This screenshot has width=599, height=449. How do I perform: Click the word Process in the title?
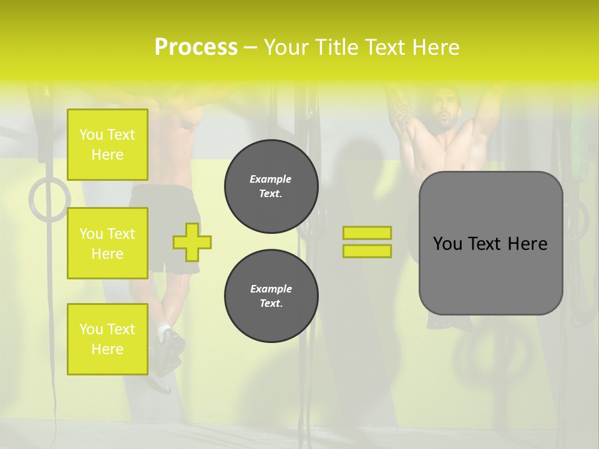[196, 47]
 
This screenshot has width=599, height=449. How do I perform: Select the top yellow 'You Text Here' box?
[107, 145]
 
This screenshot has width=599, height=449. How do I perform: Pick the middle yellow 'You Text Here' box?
[107, 243]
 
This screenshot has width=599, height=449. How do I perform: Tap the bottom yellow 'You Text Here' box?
[107, 339]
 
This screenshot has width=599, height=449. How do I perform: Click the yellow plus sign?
[192, 242]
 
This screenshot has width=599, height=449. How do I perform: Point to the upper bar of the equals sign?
[367, 233]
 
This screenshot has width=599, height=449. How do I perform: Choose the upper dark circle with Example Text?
[271, 186]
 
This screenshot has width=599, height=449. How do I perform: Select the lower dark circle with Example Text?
[271, 296]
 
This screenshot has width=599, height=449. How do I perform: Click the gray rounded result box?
[490, 243]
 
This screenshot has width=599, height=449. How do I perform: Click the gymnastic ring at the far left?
[49, 199]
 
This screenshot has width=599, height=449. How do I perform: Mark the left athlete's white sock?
[164, 328]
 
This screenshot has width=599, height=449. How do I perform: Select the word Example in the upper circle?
[271, 179]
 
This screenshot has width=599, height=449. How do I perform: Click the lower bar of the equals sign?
[367, 251]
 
